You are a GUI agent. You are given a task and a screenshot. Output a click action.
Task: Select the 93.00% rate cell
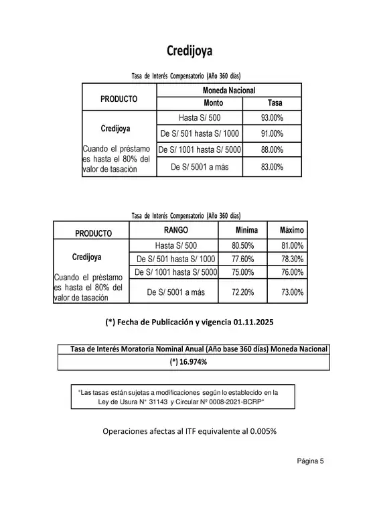coord(272,117)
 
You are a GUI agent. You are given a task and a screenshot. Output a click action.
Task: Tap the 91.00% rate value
coord(272,133)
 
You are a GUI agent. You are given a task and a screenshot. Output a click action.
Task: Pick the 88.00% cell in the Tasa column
coord(272,150)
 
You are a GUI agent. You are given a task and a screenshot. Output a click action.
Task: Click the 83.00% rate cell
coord(272,167)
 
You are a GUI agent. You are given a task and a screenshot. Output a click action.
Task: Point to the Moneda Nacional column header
coord(228,90)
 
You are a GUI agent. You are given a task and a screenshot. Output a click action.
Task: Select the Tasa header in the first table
coord(275,103)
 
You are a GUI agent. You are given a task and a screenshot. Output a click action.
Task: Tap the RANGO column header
coord(175,231)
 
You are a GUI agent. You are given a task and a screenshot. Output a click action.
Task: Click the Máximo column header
coord(291,231)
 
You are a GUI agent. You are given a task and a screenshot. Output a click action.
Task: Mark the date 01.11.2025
coord(244,322)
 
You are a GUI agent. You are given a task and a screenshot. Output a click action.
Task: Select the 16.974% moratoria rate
coord(192,362)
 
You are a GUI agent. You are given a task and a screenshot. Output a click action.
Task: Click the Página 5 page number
coord(310,461)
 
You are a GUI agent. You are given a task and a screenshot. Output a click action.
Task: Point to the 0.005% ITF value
coord(262,431)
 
